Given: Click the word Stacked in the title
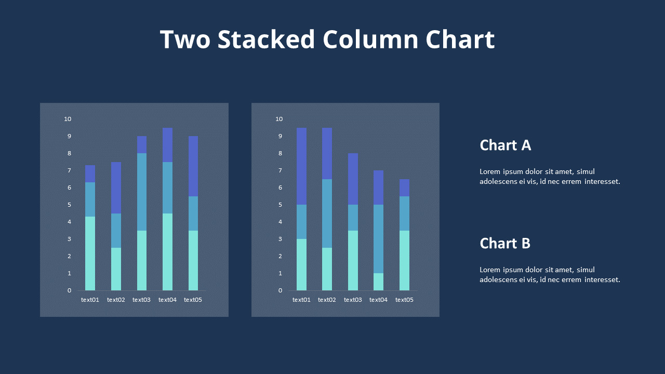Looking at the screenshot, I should tap(266, 40).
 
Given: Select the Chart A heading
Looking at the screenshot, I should tap(505, 145).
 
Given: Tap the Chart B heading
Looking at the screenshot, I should tap(504, 243).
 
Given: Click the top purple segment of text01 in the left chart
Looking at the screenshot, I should tap(90, 173).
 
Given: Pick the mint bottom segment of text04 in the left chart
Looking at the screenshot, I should tap(167, 252).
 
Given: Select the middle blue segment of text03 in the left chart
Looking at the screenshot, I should tap(141, 192).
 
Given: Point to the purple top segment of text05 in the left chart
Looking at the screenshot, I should tap(193, 166).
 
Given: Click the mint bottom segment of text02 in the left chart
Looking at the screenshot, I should tap(116, 269).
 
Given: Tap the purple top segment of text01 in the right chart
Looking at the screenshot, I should tap(301, 166).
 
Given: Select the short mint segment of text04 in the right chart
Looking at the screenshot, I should tap(379, 282).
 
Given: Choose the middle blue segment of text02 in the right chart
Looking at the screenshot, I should tap(327, 213).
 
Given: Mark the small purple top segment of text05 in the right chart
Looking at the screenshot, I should tap(404, 188).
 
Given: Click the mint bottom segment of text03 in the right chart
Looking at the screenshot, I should tap(353, 260).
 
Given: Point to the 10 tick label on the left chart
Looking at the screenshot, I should tap(68, 119).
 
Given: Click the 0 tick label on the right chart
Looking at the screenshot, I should tap(281, 290).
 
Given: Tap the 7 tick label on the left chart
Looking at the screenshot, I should tap(69, 170).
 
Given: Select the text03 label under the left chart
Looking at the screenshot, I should tap(141, 300).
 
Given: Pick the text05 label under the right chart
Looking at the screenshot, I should tap(404, 300).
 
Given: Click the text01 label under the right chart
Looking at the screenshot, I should tap(301, 300).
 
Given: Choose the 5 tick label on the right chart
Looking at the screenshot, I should tap(281, 205).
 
